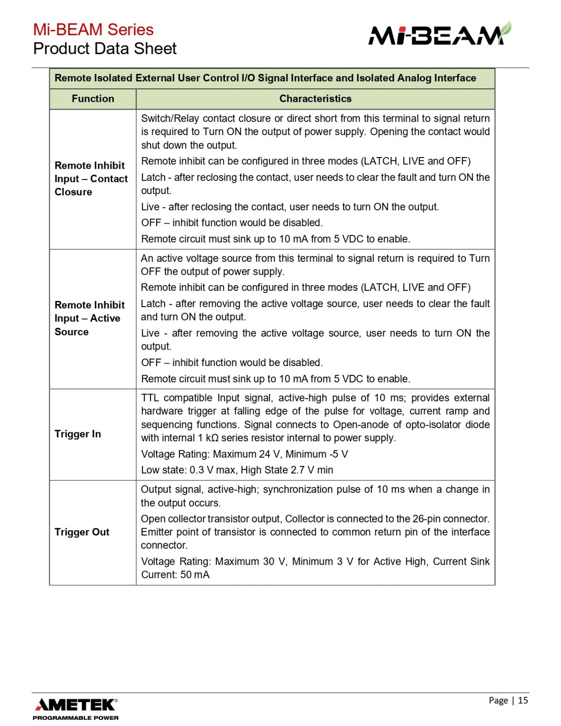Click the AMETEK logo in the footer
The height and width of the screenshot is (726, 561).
[76, 704]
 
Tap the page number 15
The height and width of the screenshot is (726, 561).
[523, 700]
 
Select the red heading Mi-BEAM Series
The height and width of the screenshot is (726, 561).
[93, 29]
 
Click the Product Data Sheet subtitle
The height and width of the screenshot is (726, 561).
[105, 49]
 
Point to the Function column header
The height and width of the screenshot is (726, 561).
[93, 99]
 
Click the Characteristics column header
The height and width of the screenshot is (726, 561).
[315, 99]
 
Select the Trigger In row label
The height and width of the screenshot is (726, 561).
[78, 434]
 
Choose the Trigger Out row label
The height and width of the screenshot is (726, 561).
[82, 532]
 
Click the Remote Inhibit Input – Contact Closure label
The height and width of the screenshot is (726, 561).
[91, 179]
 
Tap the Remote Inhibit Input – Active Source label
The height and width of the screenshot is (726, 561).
[89, 318]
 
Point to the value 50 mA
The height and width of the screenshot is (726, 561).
[195, 575]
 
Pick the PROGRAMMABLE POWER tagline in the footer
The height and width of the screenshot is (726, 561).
[76, 718]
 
